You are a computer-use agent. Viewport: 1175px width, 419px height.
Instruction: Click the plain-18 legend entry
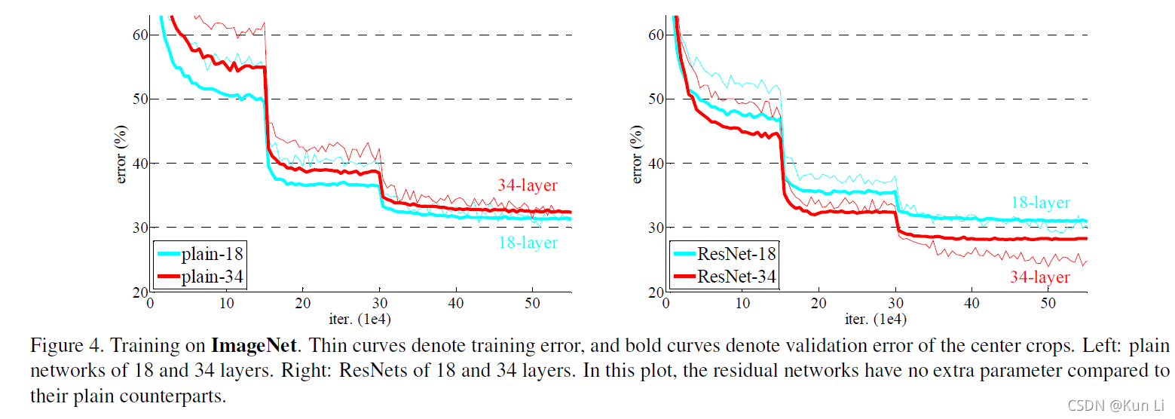[x=200, y=254]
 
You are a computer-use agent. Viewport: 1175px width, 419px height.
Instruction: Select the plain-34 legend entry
[x=200, y=277]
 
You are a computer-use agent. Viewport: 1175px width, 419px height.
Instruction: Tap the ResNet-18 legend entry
[x=724, y=254]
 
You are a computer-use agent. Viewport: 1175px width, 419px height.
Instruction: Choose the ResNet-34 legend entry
[x=724, y=277]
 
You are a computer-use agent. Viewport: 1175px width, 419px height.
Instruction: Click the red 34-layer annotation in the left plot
[x=527, y=185]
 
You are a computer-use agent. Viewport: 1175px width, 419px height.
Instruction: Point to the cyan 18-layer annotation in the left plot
[x=528, y=242]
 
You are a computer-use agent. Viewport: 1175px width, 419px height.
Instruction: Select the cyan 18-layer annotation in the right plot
[x=1040, y=203]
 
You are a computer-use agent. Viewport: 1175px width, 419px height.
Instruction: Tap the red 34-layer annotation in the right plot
[x=1039, y=277]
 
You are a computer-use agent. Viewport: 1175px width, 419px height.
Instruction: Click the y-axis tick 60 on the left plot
[x=141, y=35]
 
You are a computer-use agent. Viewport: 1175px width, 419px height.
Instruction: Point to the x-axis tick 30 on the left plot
[x=380, y=303]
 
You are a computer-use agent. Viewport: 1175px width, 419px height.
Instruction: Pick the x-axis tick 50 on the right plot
[x=1048, y=303]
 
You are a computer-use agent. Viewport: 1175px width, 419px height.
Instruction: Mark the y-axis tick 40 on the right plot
[x=656, y=164]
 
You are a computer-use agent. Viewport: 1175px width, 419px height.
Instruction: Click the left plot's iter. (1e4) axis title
[x=360, y=319]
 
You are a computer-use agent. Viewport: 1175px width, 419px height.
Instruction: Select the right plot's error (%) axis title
[x=636, y=154]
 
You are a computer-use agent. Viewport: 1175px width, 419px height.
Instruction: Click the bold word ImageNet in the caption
[x=254, y=346]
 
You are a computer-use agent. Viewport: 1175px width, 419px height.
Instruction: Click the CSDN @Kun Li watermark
[x=1115, y=405]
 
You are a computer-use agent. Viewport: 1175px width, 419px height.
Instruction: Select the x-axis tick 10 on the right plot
[x=742, y=303]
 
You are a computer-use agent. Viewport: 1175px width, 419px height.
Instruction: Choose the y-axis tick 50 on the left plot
[x=141, y=99]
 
